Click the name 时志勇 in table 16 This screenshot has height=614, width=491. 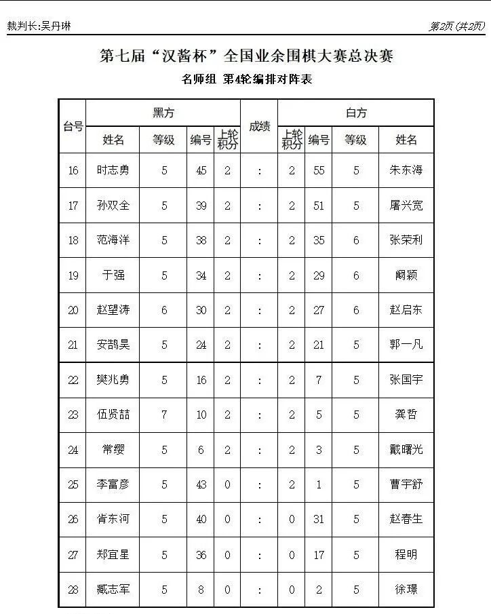[x=113, y=170]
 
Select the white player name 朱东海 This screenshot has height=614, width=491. [x=406, y=170]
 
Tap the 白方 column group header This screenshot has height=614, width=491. [x=356, y=113]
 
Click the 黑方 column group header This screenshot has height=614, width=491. [x=163, y=113]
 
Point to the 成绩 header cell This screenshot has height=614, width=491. [x=259, y=126]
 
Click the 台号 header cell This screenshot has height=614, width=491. [x=73, y=126]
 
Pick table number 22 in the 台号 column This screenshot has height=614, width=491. [x=73, y=380]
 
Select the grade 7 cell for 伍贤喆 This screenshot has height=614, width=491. [x=164, y=415]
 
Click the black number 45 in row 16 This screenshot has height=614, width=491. [x=201, y=170]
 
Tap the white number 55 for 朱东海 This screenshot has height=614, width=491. [x=319, y=170]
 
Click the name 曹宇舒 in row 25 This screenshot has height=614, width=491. [x=406, y=484]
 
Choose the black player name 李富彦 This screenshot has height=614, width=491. [x=113, y=484]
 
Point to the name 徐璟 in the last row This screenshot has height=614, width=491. [x=406, y=590]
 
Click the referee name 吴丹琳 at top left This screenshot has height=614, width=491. [x=56, y=26]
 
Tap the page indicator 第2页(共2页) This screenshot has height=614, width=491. [x=457, y=26]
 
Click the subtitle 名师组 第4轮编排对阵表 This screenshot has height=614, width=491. [x=246, y=79]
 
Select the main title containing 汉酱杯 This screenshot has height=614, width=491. [x=246, y=56]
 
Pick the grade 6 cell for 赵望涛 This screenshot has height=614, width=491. [x=164, y=310]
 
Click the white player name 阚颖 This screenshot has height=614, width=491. [x=406, y=275]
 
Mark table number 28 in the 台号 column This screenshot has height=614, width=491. [x=73, y=590]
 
